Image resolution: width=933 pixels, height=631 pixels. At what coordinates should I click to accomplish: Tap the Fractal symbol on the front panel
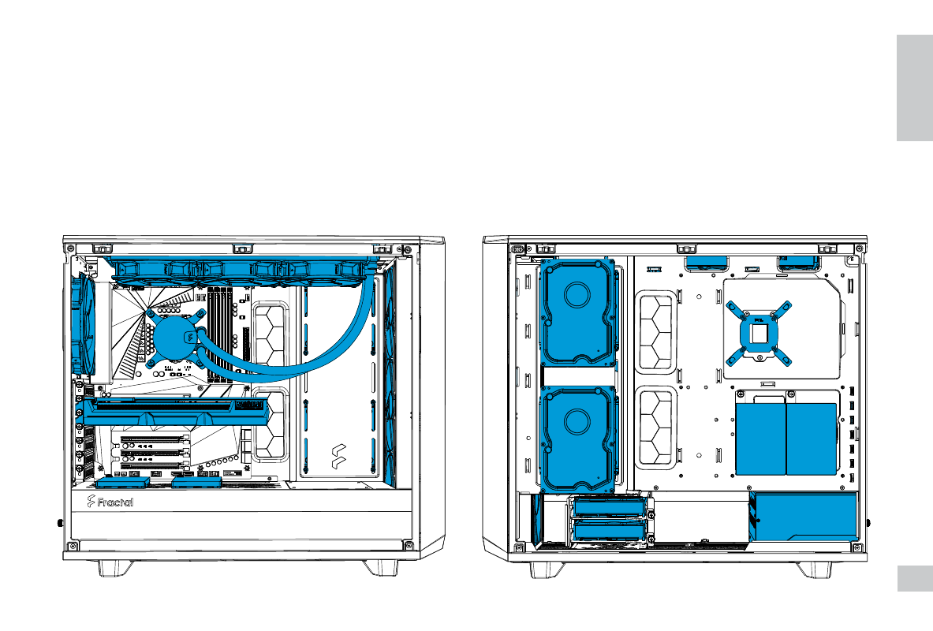[x=338, y=457]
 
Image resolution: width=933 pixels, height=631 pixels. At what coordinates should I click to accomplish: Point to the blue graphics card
[x=176, y=412]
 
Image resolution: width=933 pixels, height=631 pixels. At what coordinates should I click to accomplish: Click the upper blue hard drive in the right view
[x=577, y=312]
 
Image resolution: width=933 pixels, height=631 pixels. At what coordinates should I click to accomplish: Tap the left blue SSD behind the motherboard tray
[x=760, y=439]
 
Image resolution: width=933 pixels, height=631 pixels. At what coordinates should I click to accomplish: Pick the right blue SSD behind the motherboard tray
[x=812, y=439]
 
